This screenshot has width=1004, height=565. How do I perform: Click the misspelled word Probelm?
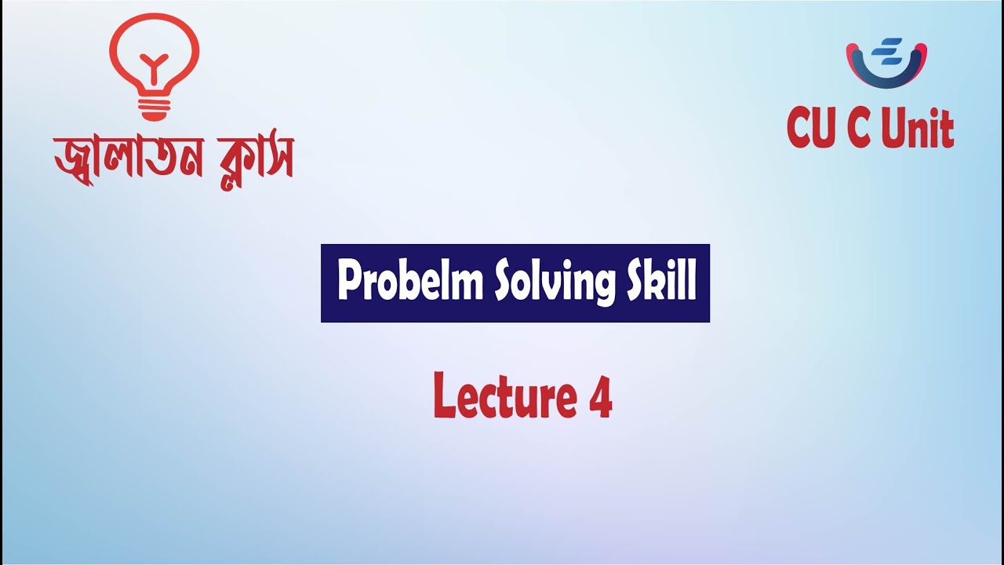[409, 282]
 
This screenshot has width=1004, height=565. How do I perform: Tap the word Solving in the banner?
[549, 283]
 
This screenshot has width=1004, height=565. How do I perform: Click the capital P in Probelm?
[349, 282]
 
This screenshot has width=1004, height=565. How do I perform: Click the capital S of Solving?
[504, 282]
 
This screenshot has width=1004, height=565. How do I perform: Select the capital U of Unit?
[893, 129]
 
